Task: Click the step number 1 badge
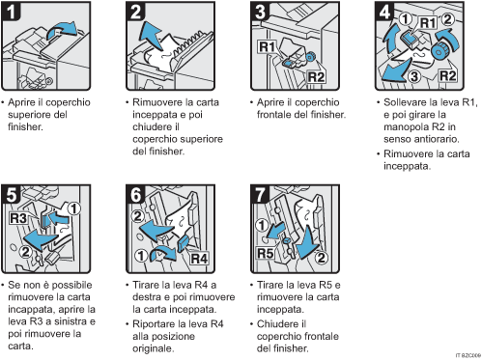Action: [x=12, y=13]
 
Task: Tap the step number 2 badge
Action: [x=137, y=13]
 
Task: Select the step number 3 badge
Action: [x=259, y=13]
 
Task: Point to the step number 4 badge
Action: [x=383, y=13]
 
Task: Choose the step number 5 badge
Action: [x=12, y=191]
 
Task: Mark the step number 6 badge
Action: [x=137, y=191]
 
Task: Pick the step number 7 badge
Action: [x=259, y=191]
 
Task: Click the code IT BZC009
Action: [x=465, y=355]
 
